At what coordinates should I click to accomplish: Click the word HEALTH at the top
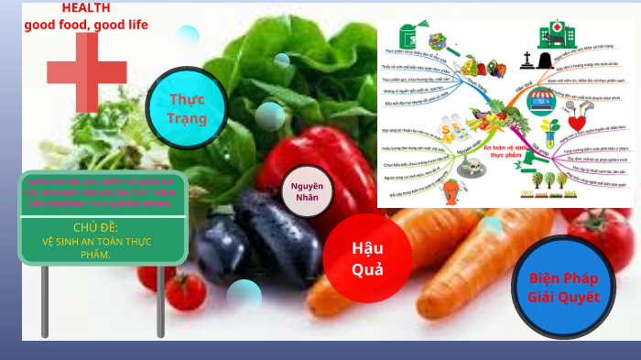(86, 7)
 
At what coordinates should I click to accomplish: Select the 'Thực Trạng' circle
(187, 108)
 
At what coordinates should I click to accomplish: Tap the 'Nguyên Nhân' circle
(307, 191)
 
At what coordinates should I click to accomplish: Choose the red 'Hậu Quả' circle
(367, 257)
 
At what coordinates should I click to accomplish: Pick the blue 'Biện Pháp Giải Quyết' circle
(563, 288)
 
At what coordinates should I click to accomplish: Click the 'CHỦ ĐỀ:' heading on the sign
(96, 227)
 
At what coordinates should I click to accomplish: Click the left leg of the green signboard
(45, 302)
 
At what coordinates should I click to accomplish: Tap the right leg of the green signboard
(161, 302)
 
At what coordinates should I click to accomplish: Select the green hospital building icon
(554, 37)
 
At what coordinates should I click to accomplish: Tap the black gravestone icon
(529, 61)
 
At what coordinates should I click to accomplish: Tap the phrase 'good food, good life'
(86, 25)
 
